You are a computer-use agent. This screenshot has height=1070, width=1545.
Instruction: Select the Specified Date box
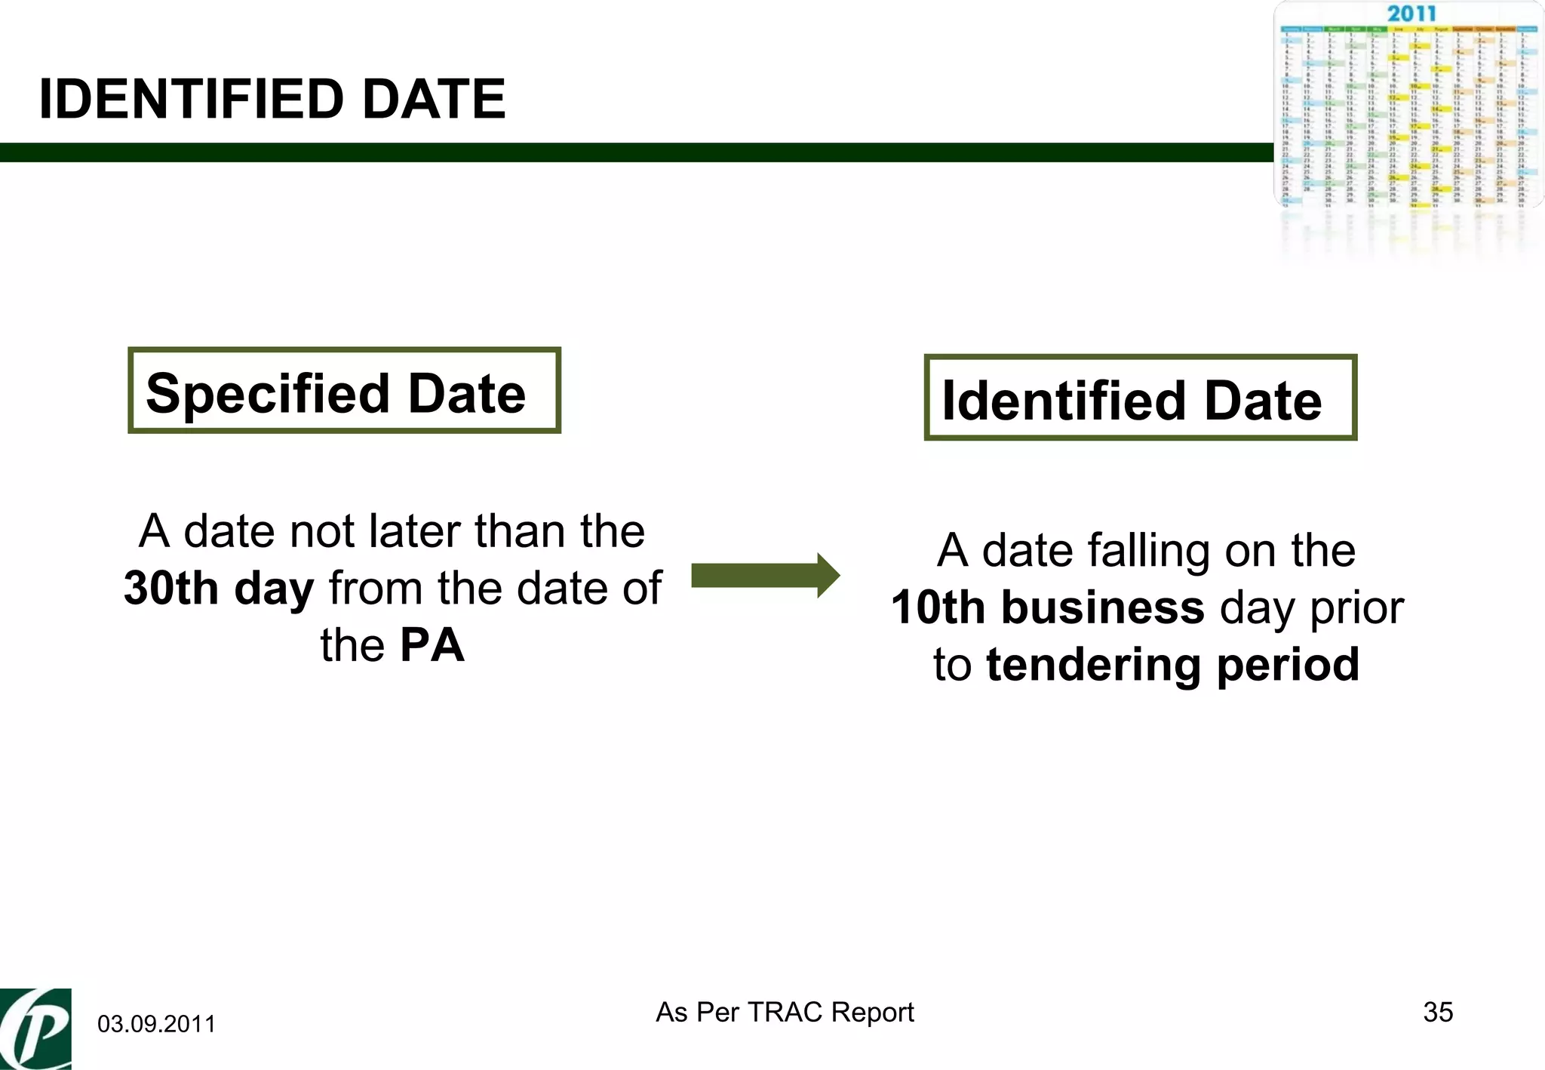344,391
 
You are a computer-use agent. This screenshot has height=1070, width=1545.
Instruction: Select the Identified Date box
1140,398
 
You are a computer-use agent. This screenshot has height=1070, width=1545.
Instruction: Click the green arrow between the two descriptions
765,576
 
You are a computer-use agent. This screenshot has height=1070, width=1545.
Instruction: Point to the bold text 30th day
219,589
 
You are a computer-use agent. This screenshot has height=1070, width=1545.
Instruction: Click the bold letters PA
432,646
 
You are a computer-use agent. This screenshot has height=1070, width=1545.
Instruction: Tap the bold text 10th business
1047,608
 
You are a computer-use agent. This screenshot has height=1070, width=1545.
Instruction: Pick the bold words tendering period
1172,666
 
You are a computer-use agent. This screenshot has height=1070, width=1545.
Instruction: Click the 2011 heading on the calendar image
1411,14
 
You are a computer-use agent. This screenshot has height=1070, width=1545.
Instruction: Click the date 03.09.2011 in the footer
156,1024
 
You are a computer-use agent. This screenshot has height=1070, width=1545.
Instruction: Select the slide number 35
1438,1012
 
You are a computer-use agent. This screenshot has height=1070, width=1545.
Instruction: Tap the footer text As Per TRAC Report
785,1012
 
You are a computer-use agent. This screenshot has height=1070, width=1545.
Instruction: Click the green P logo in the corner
35,1029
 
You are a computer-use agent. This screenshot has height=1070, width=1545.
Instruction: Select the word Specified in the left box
269,394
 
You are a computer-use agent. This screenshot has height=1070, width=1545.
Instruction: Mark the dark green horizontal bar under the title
634,152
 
